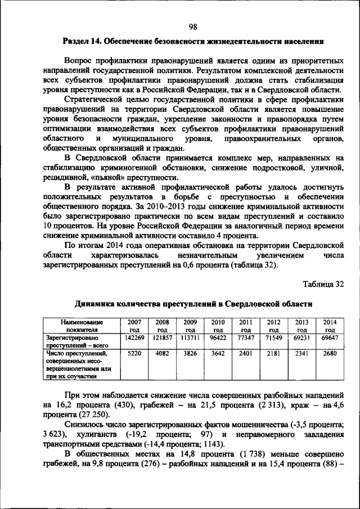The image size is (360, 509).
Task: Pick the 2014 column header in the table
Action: point(330,325)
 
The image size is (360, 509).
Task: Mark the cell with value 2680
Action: point(330,354)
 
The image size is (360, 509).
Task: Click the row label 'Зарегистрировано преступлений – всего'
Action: point(76,341)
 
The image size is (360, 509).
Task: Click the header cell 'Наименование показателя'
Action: point(76,325)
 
